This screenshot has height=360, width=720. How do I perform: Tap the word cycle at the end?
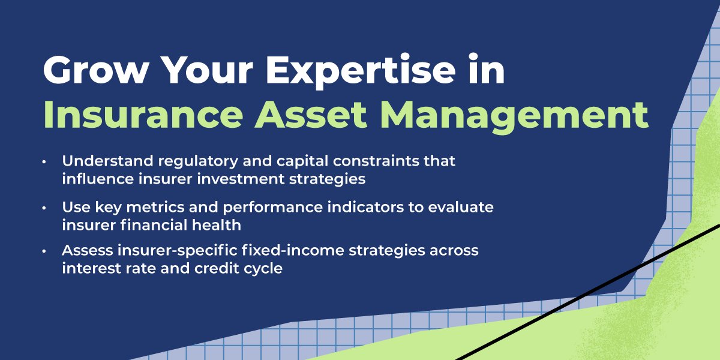(263, 268)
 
